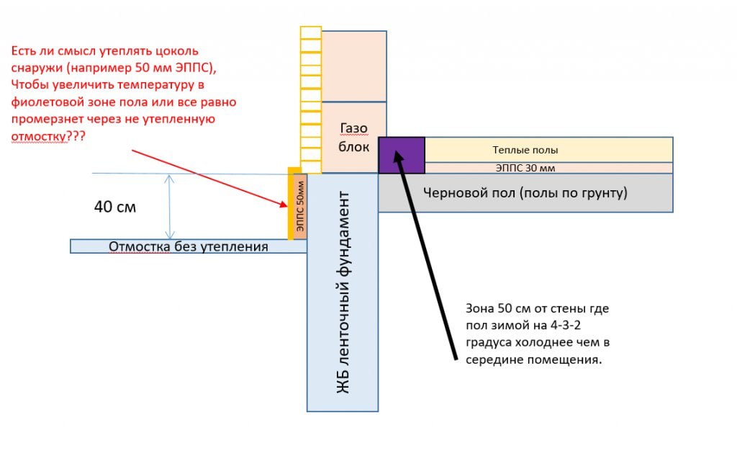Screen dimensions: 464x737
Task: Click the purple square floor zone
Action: coord(402,155)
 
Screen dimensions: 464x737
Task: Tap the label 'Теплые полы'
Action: coord(525,150)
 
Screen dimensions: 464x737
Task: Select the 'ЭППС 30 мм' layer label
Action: coord(525,169)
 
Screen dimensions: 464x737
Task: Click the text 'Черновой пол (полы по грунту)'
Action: coord(525,193)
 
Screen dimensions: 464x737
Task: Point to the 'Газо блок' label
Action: coord(353,137)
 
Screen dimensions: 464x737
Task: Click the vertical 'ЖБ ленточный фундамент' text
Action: coord(343,292)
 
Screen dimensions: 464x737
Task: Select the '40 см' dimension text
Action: coord(114,207)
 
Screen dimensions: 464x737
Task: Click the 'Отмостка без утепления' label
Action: coord(188,247)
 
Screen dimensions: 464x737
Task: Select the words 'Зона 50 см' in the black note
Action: coord(495,308)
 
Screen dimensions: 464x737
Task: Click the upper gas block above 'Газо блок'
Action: coord(353,66)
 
